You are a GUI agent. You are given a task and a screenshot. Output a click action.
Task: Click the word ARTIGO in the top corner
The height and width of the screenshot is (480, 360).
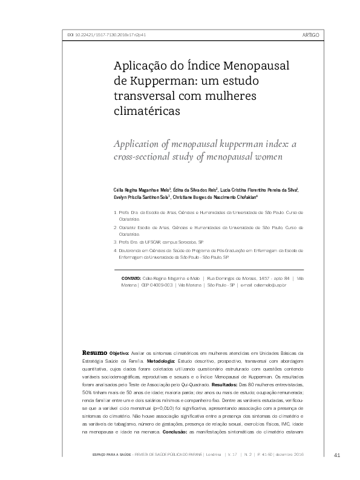click(x=310, y=34)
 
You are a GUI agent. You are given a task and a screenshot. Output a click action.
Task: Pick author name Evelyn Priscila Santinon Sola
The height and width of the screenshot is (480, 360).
click(x=141, y=197)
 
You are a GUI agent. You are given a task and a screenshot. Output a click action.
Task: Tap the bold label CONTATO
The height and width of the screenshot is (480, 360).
click(x=131, y=278)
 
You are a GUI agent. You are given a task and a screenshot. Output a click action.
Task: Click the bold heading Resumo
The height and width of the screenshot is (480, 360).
click(x=94, y=352)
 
